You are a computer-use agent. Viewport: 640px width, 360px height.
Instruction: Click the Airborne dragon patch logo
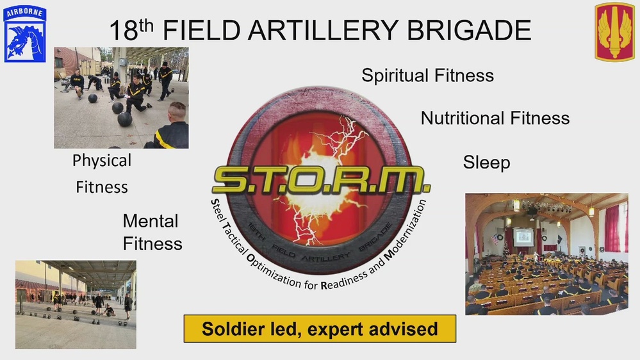[x=24, y=33]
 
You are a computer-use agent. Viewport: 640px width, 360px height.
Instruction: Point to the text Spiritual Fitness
[x=427, y=76]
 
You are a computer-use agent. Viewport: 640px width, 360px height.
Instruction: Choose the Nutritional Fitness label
[x=495, y=118]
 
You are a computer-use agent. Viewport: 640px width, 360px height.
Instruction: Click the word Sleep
[x=486, y=163]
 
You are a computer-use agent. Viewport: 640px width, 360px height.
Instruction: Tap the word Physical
[x=102, y=160]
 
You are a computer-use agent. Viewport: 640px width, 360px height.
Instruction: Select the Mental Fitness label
[x=152, y=233]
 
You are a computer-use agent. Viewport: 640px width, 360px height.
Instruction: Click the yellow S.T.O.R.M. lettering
[x=321, y=181]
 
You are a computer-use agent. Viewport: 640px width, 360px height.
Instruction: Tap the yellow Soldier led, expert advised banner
[x=320, y=329]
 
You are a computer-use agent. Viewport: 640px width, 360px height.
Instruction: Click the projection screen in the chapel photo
[x=523, y=236]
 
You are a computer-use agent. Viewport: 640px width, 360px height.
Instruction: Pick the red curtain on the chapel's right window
[x=612, y=228]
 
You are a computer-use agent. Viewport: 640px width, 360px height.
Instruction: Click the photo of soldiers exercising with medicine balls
[x=121, y=97]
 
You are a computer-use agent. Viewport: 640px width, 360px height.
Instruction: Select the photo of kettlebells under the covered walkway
[x=76, y=304]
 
